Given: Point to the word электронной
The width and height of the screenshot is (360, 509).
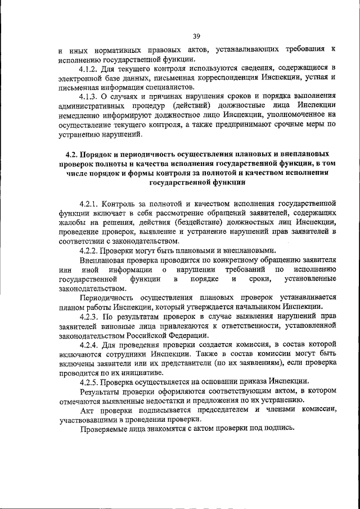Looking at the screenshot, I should click(81, 78).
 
